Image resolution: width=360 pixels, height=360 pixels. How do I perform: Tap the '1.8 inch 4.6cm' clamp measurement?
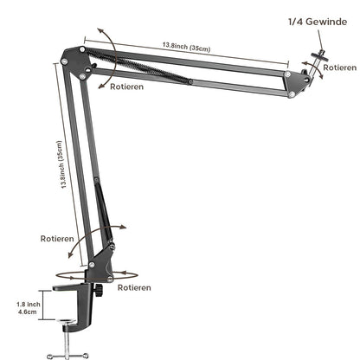tap(28, 310)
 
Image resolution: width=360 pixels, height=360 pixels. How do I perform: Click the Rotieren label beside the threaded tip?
tap(338, 67)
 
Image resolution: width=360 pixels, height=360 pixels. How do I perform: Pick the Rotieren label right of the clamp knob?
tap(135, 288)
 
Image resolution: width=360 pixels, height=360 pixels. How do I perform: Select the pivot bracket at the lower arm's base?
tap(104, 259)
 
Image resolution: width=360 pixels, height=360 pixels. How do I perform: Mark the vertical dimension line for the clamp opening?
tap(47, 310)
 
